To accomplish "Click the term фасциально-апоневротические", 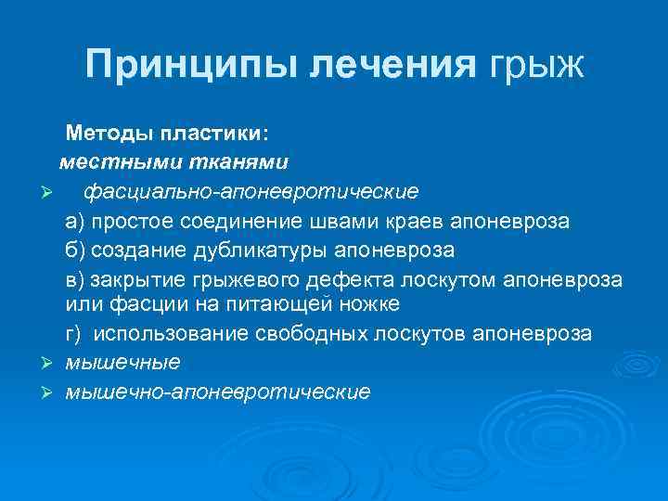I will pyautogui.click(x=250, y=192).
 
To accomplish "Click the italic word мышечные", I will pyautogui.click(x=122, y=362).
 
